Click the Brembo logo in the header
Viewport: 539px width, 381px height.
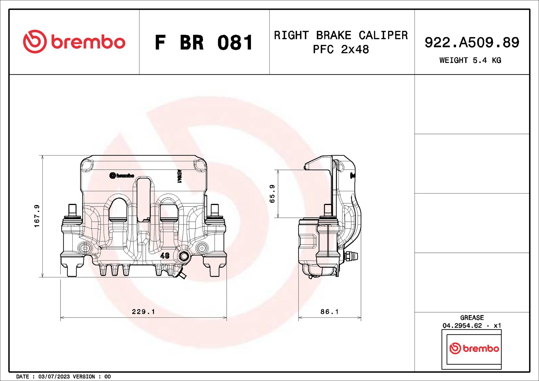tap(74, 42)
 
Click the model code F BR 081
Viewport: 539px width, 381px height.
tap(204, 43)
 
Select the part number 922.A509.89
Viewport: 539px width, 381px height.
tap(472, 42)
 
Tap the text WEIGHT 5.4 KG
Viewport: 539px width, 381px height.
tap(470, 60)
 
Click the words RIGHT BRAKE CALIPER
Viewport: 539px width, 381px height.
tap(341, 35)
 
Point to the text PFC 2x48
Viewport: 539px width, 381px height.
tap(341, 50)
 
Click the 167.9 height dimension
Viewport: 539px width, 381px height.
tap(37, 216)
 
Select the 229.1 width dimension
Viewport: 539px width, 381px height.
tap(143, 312)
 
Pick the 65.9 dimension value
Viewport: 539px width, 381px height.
tap(272, 194)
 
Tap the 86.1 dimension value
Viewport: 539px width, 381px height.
tap(329, 312)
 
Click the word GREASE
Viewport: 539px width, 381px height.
tap(472, 318)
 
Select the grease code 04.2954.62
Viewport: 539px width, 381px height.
tap(462, 326)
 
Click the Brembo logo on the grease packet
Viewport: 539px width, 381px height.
tap(474, 348)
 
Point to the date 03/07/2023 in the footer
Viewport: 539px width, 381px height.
tap(54, 377)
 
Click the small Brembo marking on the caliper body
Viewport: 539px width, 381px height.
tap(122, 176)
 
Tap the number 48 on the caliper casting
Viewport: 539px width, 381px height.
tap(165, 255)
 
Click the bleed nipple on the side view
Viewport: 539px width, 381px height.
tap(352, 256)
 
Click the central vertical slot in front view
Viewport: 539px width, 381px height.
tap(143, 199)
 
